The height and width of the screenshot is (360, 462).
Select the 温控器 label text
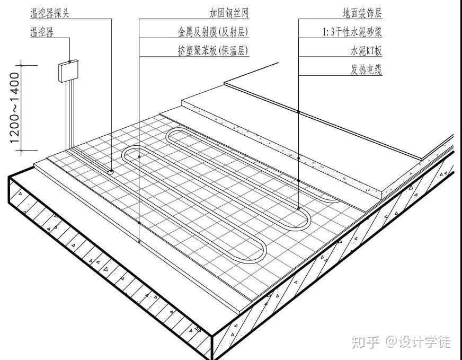[42, 32]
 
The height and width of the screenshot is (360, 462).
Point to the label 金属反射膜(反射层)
[213, 32]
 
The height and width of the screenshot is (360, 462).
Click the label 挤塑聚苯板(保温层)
[213, 51]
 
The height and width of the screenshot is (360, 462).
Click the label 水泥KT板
[366, 51]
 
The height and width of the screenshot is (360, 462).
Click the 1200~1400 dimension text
[14, 109]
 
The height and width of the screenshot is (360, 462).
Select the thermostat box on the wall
[68, 71]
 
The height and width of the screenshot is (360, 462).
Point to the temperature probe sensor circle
[111, 171]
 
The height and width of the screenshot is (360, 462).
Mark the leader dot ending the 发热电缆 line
[299, 208]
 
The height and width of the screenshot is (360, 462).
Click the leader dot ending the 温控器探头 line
[111, 171]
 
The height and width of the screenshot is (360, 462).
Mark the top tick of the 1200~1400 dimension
[22, 65]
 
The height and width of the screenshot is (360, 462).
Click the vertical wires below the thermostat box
[68, 114]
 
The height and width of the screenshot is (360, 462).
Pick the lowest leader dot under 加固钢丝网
[139, 242]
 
